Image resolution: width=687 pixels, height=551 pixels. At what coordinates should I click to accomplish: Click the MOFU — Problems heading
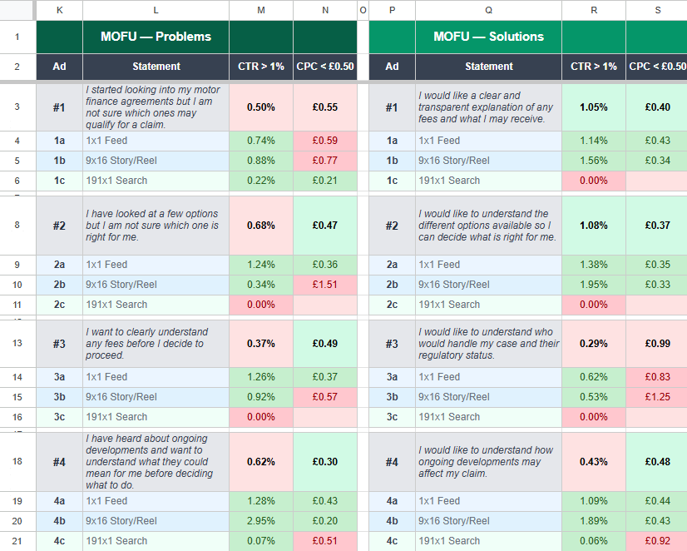(156, 37)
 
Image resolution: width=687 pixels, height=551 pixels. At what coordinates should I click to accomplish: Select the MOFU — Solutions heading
(488, 37)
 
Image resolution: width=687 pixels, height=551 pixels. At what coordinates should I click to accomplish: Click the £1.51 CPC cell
(325, 285)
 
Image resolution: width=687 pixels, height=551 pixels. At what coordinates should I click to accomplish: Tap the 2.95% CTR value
(261, 521)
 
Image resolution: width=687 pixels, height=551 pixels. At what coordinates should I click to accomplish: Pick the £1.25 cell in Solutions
(657, 397)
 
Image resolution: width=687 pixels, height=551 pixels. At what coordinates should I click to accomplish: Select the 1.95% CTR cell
(594, 285)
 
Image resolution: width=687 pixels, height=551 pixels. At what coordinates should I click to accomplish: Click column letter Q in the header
(488, 10)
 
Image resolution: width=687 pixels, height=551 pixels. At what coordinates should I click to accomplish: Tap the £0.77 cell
(325, 161)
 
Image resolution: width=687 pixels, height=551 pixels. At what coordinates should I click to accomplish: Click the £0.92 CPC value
(657, 541)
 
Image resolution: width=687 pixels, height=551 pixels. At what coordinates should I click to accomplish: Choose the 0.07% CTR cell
(261, 541)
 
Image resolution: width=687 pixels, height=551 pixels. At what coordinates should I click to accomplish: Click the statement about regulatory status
(488, 344)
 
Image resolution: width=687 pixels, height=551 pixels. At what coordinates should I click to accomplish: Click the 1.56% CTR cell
(594, 161)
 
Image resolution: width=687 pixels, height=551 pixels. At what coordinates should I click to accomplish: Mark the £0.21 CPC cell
(325, 181)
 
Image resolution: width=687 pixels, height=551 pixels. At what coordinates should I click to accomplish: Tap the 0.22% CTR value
(261, 181)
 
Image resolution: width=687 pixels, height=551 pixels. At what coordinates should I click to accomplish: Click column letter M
(261, 10)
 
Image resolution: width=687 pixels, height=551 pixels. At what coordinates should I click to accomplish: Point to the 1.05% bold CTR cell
(594, 107)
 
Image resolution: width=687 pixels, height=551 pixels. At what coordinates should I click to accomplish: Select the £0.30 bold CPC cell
(325, 462)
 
